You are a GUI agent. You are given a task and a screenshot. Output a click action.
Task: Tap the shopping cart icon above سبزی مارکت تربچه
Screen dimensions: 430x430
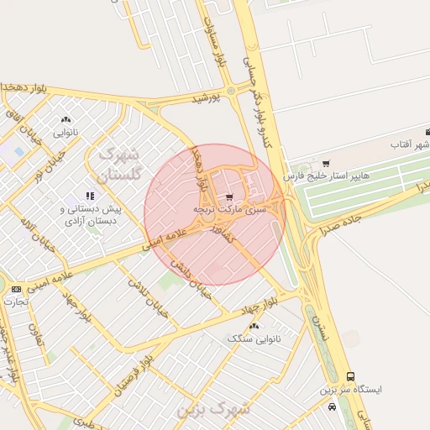coord(229,197)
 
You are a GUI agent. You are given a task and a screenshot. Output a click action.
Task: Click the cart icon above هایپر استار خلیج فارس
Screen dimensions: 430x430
coord(326,163)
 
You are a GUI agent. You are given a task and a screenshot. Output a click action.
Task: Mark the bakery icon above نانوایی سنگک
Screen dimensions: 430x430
coord(254,325)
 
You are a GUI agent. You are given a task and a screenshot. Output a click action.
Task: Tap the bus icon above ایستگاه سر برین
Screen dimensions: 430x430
coord(350,377)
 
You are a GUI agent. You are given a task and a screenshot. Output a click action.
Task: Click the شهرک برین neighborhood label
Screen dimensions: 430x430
coord(214,409)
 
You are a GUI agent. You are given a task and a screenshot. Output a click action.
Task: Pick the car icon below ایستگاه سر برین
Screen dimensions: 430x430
coord(333,406)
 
